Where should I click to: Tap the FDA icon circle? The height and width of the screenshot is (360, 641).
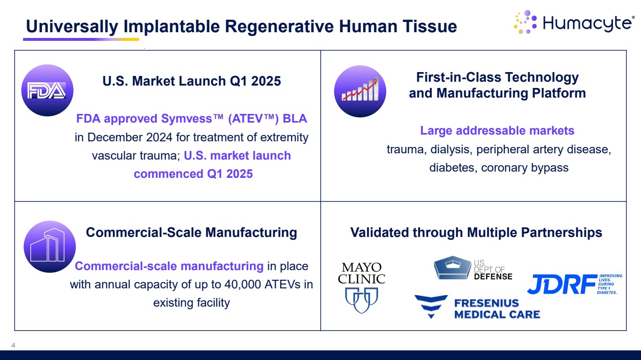click(x=47, y=90)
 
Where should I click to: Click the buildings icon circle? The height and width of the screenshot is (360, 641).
click(x=50, y=247)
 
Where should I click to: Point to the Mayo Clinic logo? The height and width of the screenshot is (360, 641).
click(x=362, y=287)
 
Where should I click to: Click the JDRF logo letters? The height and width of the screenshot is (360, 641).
click(x=562, y=284)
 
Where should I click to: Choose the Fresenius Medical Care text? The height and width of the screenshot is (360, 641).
click(x=497, y=309)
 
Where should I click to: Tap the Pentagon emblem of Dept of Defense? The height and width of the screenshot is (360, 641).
click(x=452, y=268)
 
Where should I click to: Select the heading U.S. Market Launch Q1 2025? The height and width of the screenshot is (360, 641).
click(x=192, y=81)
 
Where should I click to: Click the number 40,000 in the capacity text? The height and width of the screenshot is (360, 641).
click(x=243, y=285)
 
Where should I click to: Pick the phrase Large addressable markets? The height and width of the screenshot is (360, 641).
click(x=497, y=131)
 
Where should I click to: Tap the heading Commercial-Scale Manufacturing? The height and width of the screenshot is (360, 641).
click(x=191, y=232)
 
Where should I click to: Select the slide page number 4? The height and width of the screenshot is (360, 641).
click(x=13, y=345)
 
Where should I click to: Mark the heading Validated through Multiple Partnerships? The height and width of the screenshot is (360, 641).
click(x=476, y=232)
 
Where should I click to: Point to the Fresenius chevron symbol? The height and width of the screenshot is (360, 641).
click(x=431, y=307)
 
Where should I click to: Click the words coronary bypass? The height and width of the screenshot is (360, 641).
click(x=525, y=168)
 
